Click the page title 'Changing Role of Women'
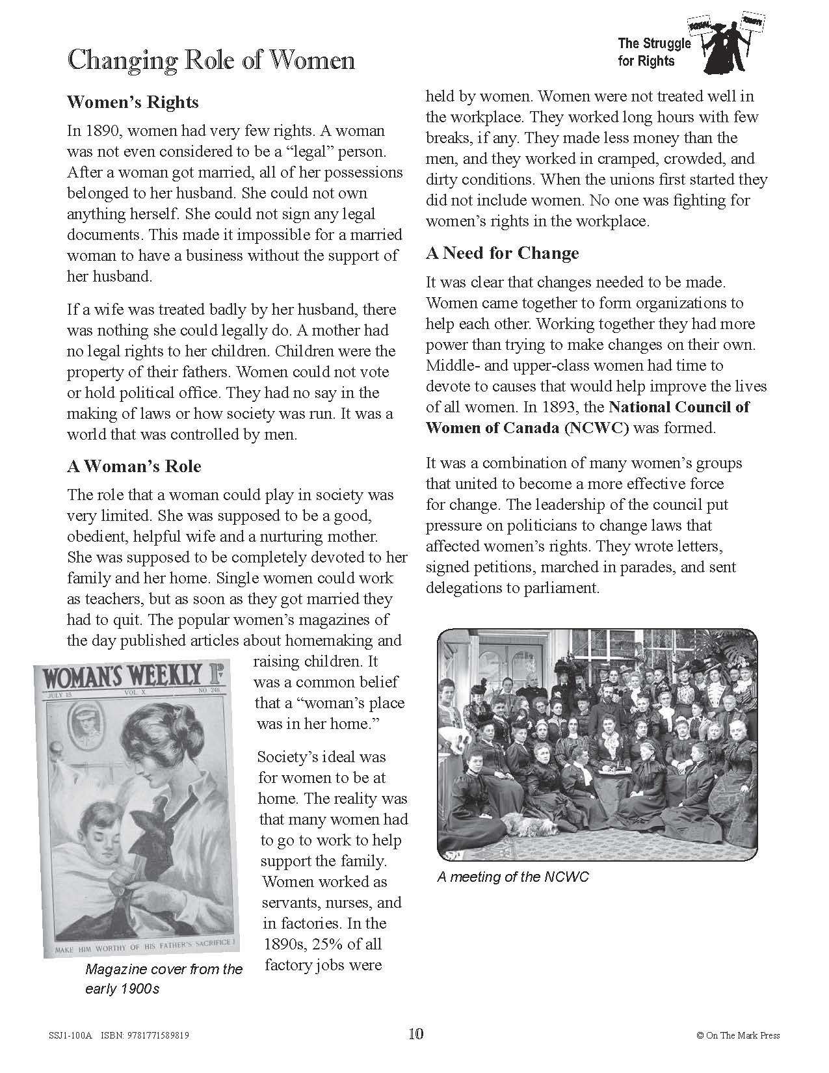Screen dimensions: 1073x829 coord(211,60)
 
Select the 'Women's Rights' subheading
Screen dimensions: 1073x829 coord(133,102)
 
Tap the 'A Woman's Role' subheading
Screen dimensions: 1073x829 coord(134,466)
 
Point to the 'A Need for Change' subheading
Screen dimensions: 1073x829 coord(502,253)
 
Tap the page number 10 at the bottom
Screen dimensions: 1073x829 coord(415,1033)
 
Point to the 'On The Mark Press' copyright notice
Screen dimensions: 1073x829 coord(737,1035)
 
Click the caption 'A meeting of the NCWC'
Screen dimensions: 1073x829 coord(512,877)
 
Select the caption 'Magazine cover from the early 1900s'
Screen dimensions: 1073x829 coord(163,979)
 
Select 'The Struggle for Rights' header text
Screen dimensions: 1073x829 coord(645,53)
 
